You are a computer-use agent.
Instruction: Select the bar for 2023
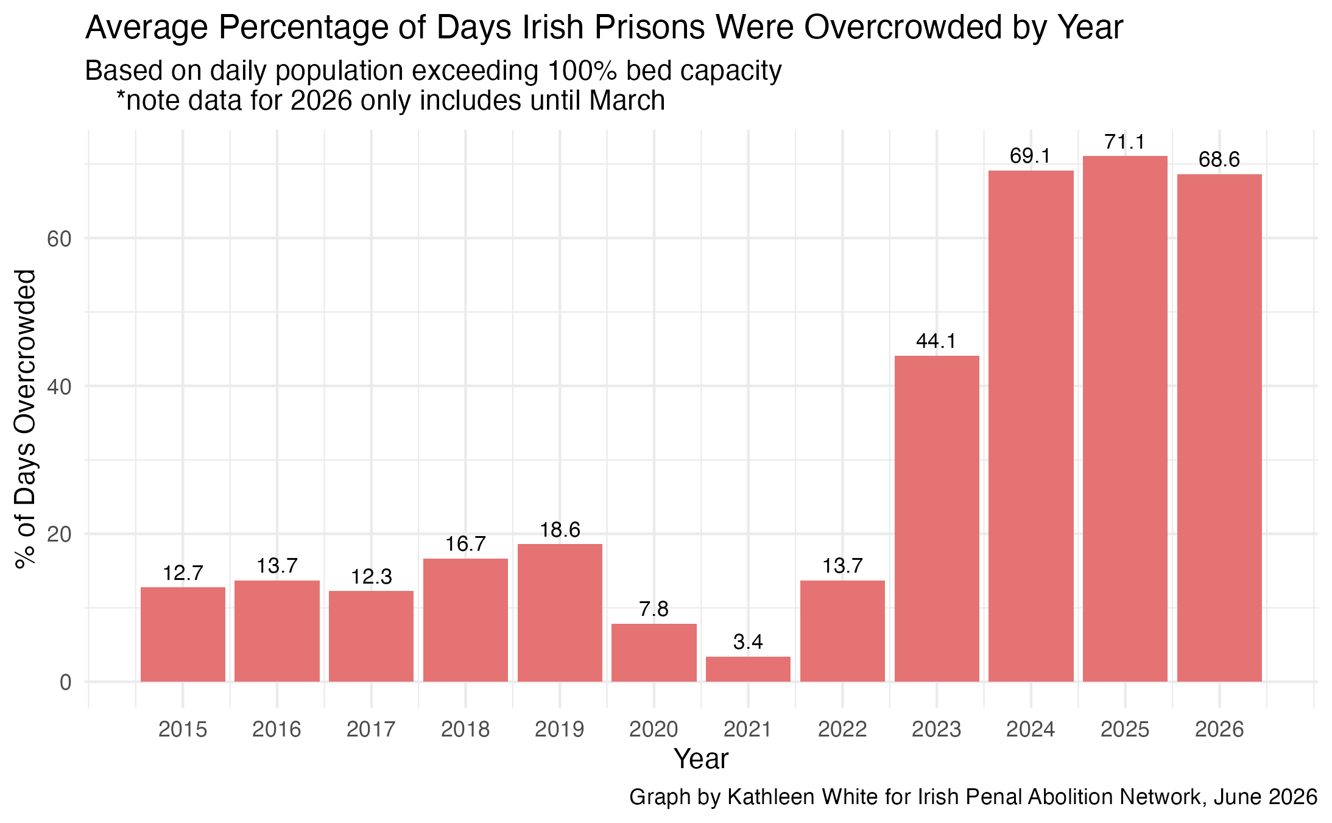[937, 518]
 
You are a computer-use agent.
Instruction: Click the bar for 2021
[748, 669]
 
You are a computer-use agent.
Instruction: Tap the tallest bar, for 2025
[1125, 419]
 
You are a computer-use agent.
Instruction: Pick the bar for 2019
[560, 613]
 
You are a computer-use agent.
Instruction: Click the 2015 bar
[183, 634]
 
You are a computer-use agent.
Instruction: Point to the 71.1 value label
[1125, 142]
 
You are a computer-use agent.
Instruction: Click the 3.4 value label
[748, 642]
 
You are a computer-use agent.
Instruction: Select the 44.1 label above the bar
[937, 341]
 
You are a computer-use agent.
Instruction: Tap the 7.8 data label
[654, 609]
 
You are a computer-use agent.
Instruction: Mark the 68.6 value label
[1219, 160]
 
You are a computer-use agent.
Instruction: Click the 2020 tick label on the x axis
[654, 729]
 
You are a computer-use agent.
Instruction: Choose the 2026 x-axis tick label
[1219, 729]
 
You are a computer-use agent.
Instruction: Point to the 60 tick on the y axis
[59, 238]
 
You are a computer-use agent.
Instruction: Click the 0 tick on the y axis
[66, 682]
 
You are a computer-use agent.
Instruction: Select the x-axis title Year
[701, 759]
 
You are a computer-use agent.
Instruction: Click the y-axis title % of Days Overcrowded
[26, 419]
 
